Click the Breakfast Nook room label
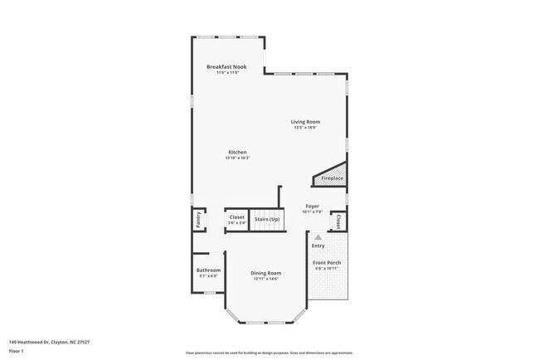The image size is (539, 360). (226, 66)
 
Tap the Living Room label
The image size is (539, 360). (305, 122)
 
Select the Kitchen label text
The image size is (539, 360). (237, 152)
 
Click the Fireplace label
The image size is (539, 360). (333, 178)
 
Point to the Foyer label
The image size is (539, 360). (313, 206)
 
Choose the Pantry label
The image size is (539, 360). (198, 219)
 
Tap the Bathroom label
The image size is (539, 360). (208, 270)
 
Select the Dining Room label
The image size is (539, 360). (266, 273)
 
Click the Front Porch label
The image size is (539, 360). (327, 263)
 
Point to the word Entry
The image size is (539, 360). (318, 246)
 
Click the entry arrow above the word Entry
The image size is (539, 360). (317, 236)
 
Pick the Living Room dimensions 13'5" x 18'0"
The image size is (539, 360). (305, 127)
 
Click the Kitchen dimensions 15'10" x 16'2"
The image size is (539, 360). (237, 158)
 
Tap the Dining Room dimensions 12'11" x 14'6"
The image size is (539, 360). (266, 279)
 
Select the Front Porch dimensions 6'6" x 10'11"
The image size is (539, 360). (327, 269)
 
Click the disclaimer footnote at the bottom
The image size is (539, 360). (269, 353)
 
